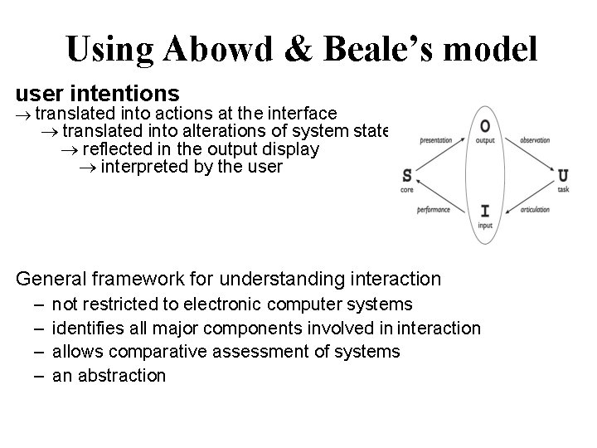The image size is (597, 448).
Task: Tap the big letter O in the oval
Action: pyautogui.click(x=485, y=126)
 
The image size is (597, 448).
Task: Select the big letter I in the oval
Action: pyautogui.click(x=485, y=211)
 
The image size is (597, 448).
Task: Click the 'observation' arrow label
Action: pyautogui.click(x=536, y=140)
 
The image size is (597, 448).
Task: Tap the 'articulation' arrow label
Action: pyautogui.click(x=535, y=210)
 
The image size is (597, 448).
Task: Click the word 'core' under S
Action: pyautogui.click(x=406, y=190)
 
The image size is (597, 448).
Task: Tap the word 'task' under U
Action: pyautogui.click(x=563, y=190)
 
